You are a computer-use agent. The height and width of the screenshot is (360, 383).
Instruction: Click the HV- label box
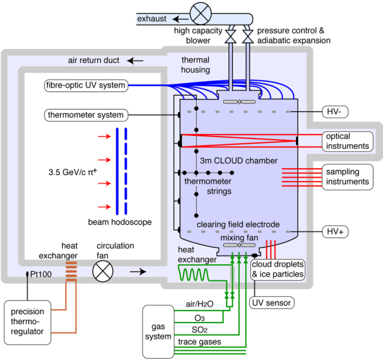tap(335, 111)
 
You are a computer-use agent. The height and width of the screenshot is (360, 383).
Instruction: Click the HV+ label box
tap(335, 231)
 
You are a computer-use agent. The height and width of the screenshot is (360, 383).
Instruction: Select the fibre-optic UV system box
tap(86, 86)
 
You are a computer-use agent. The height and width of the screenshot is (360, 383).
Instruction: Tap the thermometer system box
tap(86, 115)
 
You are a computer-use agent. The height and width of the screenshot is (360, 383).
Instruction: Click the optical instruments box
tap(348, 142)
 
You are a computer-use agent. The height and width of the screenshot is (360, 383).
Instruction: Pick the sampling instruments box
tap(348, 177)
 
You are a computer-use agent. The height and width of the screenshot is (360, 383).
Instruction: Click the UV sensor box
tap(271, 303)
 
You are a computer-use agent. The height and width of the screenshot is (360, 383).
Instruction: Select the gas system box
tap(158, 332)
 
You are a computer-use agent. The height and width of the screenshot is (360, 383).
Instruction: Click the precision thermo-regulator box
tap(27, 323)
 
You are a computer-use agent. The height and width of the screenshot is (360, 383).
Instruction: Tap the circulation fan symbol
tap(103, 271)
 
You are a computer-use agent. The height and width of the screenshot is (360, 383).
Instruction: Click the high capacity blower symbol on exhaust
tap(201, 14)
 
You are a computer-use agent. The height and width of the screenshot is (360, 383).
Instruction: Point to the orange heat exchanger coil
tap(72, 272)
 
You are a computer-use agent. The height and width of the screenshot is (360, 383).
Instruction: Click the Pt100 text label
tap(41, 274)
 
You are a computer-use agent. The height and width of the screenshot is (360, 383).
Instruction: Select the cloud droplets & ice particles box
tap(278, 269)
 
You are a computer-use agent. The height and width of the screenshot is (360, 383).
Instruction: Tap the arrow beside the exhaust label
tap(181, 19)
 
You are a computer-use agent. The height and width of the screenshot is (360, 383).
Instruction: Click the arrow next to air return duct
tap(135, 61)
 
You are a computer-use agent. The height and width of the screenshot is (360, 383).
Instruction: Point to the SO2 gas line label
tap(200, 330)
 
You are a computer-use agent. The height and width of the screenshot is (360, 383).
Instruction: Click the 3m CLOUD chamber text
tap(239, 161)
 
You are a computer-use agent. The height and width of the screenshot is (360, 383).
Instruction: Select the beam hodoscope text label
tap(120, 222)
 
